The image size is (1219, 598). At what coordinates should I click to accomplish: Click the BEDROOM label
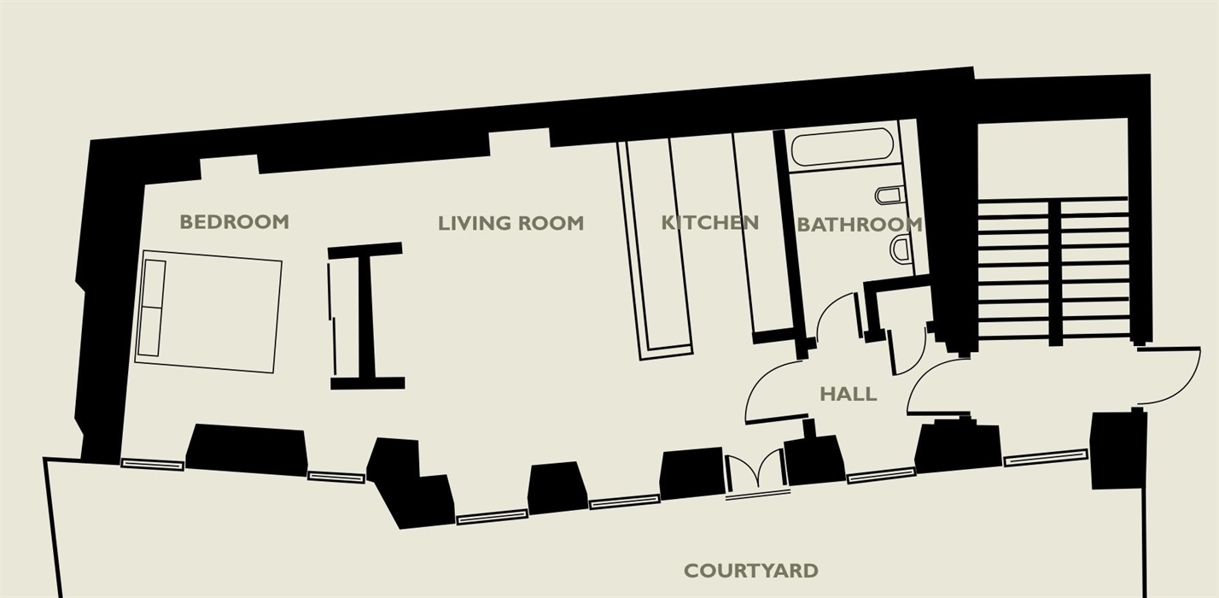coord(234,222)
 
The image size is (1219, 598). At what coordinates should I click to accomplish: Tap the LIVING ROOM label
coord(511,223)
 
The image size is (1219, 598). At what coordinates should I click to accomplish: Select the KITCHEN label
coord(709,222)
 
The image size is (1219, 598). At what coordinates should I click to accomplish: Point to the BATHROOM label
coord(860,225)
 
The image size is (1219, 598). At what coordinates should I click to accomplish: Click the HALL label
coord(849,394)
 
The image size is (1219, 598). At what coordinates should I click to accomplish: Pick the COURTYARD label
coord(751,571)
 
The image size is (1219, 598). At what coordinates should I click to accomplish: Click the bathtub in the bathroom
coord(843,146)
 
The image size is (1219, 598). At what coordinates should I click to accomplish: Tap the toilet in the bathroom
coord(889,196)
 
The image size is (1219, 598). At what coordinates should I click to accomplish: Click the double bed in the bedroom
coord(208,312)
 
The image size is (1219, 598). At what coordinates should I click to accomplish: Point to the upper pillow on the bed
coord(153,284)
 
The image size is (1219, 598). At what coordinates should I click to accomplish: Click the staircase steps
coord(1053,270)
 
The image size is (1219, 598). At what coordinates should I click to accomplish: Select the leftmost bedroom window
coord(152,465)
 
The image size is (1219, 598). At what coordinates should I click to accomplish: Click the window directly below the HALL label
coord(880,475)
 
